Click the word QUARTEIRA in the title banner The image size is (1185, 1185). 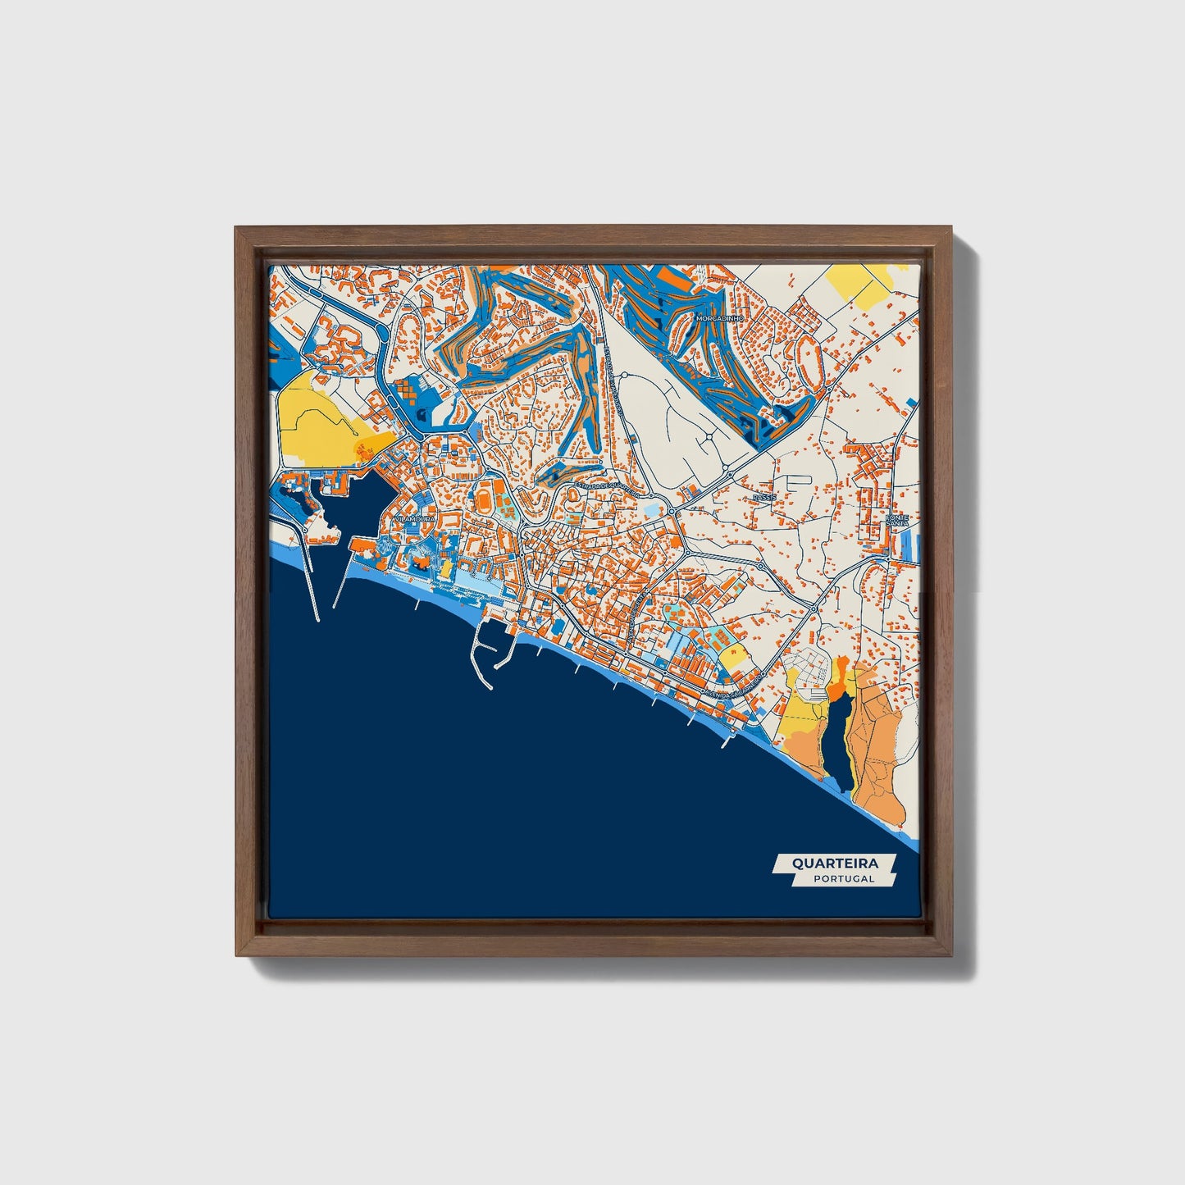[x=834, y=863]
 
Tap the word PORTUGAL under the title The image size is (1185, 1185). [x=844, y=878]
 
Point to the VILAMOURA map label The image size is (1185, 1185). [x=415, y=519]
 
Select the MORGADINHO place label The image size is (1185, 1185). [x=718, y=317]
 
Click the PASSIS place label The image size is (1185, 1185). [x=763, y=498]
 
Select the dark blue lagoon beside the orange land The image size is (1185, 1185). [x=837, y=742]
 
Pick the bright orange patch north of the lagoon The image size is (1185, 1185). [x=840, y=681]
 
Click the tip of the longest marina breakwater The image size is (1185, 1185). [x=315, y=619]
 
